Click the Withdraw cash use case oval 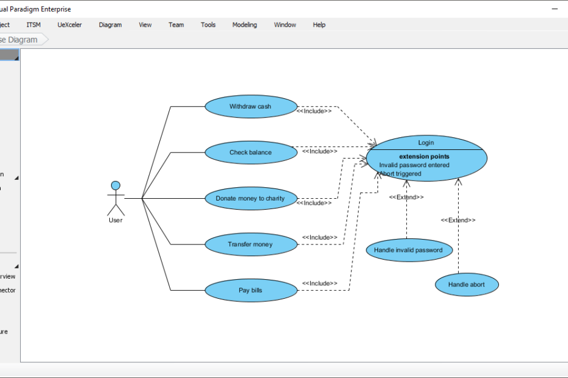click(x=250, y=107)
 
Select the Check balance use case click(x=250, y=152)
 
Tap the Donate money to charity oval click(x=250, y=198)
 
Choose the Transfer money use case click(x=250, y=244)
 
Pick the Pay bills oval click(x=250, y=290)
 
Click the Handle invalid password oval click(x=409, y=250)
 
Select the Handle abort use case click(x=467, y=284)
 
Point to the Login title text click(x=426, y=143)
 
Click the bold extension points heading click(x=424, y=157)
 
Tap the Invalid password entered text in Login click(x=414, y=165)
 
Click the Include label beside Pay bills click(x=319, y=283)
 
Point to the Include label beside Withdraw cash click(x=314, y=111)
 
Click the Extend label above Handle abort click(x=458, y=220)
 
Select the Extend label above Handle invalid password click(x=406, y=197)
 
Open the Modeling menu click(x=244, y=25)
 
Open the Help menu click(x=319, y=25)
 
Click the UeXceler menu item click(x=70, y=25)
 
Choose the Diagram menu click(x=110, y=25)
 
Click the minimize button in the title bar click(x=555, y=9)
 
